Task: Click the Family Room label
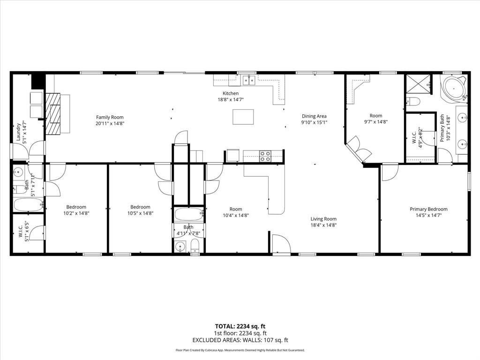[x=110, y=117]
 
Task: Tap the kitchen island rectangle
[x=243, y=117]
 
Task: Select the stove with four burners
[x=265, y=156]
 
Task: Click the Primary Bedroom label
[x=428, y=209]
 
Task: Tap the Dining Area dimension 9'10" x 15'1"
[x=314, y=122]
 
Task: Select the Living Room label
[x=323, y=218]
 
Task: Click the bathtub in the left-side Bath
[x=28, y=205]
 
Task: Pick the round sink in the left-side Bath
[x=18, y=172]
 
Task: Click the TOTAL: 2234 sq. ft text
[x=240, y=326]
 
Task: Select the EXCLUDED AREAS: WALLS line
[x=240, y=340]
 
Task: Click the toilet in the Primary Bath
[x=413, y=101]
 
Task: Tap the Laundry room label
[x=19, y=132]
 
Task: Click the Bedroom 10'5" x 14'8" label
[x=140, y=207]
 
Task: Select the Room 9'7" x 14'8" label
[x=375, y=115]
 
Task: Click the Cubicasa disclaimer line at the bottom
[x=240, y=350]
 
